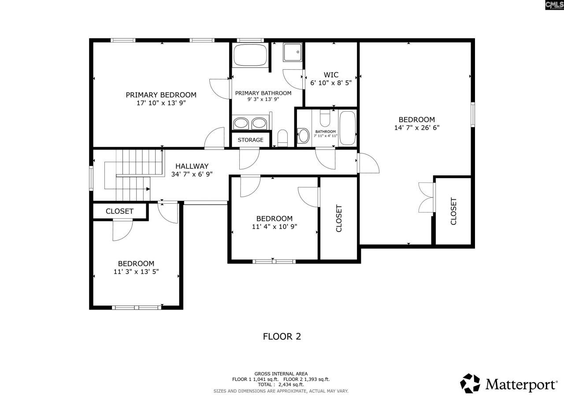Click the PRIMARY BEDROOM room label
(161, 95)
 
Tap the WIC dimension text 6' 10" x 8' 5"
(331, 83)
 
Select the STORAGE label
(250, 140)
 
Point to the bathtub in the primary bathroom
(250, 55)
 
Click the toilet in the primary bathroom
(282, 138)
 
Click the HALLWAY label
(192, 166)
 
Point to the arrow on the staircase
(148, 189)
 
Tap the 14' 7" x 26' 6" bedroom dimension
(417, 127)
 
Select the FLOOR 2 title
(282, 336)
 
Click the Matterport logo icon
(471, 383)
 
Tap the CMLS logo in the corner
(554, 5)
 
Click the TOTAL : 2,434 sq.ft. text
(281, 385)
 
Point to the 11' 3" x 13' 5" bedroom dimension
(136, 272)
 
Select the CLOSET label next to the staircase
(119, 211)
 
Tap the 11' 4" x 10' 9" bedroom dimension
(274, 227)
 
